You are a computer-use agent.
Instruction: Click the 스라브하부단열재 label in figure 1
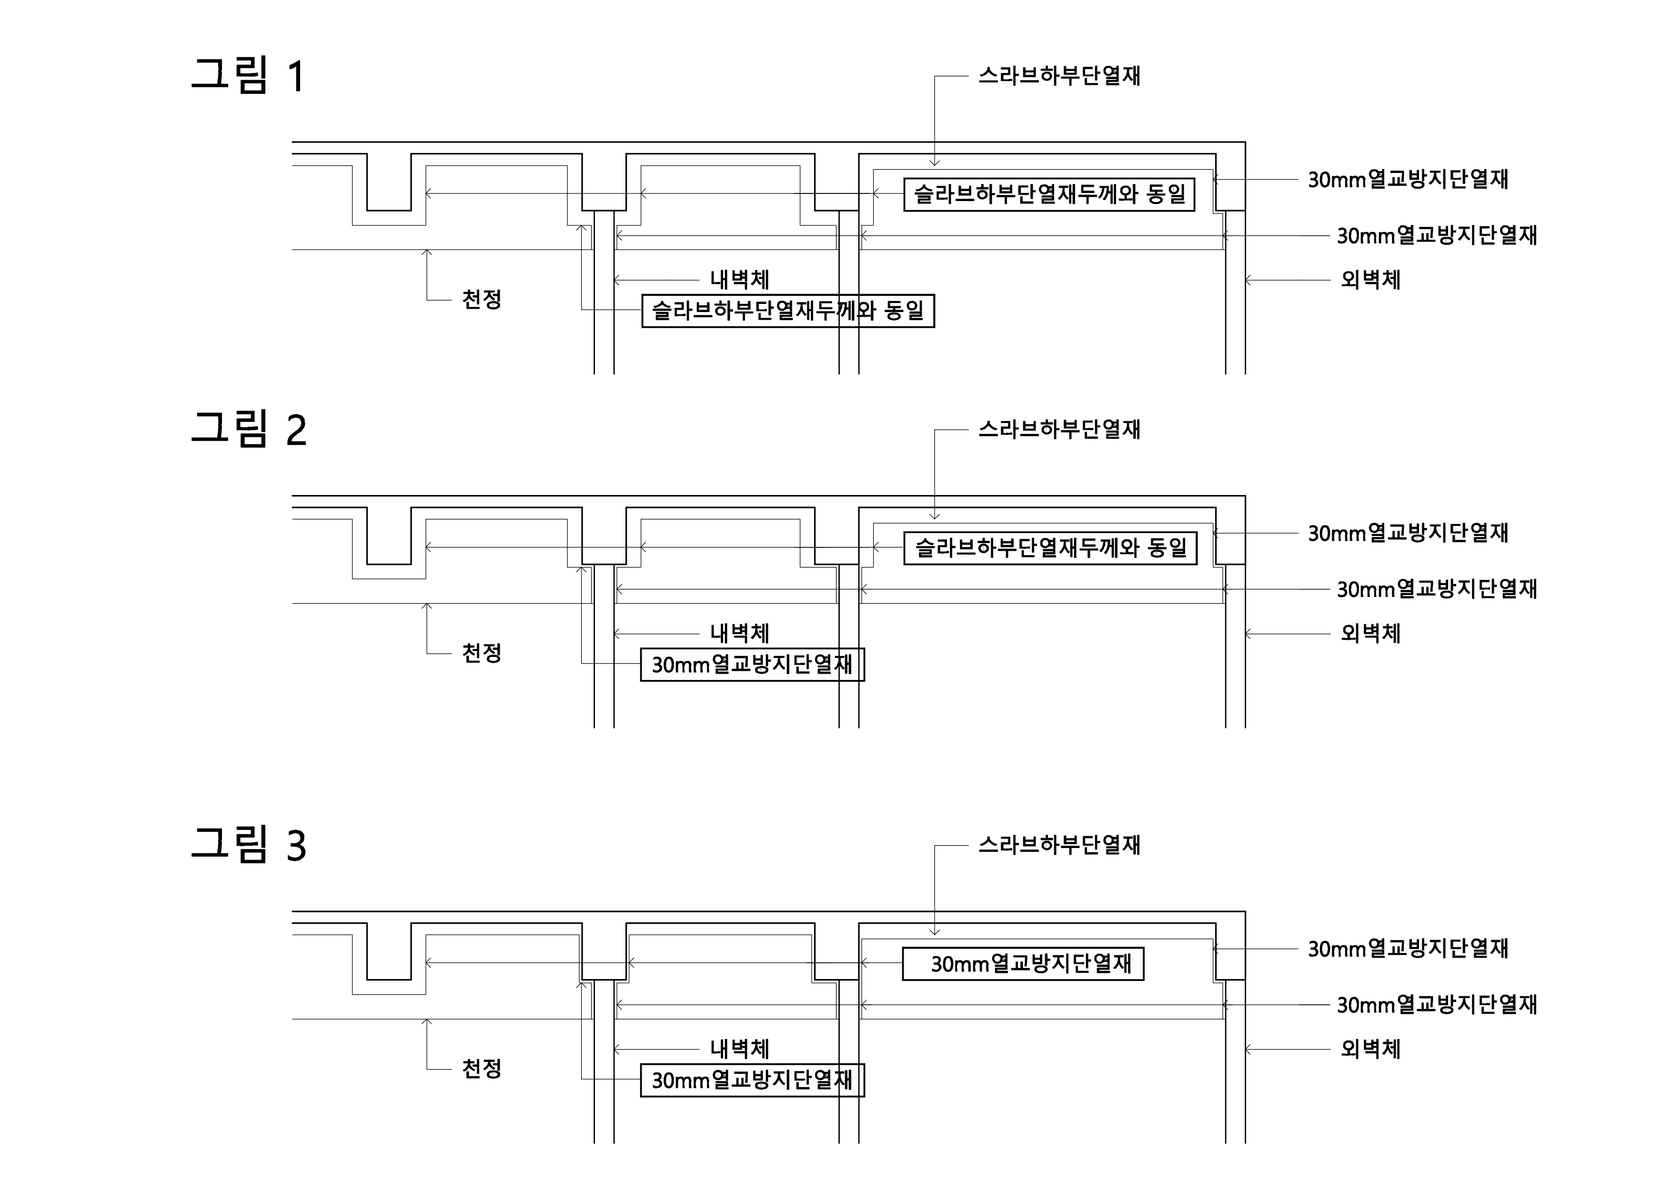pos(1059,76)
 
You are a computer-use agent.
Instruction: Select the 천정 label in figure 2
pos(482,653)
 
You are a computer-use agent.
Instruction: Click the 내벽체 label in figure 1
pos(739,280)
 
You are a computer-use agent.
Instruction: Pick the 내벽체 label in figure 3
pos(739,1049)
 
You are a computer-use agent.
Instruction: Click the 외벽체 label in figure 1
pos(1370,280)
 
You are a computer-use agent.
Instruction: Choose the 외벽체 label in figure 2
pos(1370,633)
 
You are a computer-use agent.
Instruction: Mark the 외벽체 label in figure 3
pos(1370,1049)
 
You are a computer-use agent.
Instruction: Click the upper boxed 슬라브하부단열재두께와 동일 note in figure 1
pos(1049,194)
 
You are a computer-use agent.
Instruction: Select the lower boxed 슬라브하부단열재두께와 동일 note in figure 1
pos(787,311)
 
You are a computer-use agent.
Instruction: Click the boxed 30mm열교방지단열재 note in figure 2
pos(752,665)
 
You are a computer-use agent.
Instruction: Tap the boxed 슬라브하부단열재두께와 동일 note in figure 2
pos(1050,548)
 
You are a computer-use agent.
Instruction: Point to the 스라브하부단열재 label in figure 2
pos(1059,429)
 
